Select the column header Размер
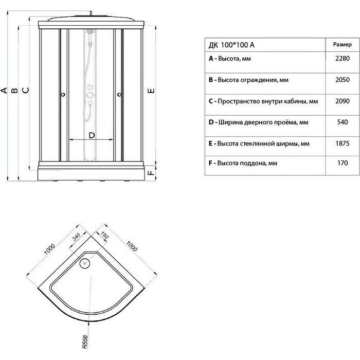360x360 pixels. [x=342, y=45]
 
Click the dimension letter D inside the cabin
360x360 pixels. [x=92, y=135]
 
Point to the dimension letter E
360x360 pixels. [x=151, y=92]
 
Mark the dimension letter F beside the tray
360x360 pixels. [x=151, y=173]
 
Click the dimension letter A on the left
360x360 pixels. [x=4, y=92]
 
